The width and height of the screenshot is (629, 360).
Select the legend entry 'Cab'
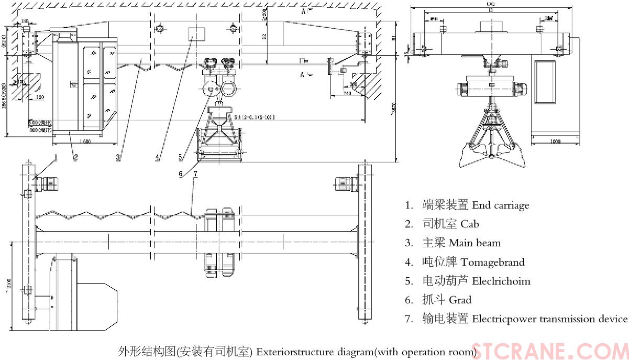click(x=469, y=224)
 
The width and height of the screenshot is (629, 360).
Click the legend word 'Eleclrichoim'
click(x=501, y=281)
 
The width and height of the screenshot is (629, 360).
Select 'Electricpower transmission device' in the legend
click(x=549, y=319)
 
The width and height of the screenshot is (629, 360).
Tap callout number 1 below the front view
click(x=56, y=156)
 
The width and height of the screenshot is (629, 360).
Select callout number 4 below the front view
click(x=158, y=157)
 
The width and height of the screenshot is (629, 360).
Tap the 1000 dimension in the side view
click(x=556, y=141)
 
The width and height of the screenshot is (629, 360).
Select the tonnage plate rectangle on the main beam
click(x=196, y=35)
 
